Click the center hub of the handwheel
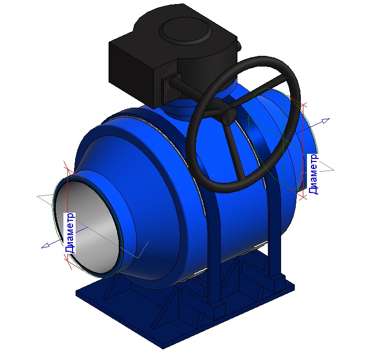pyautogui.click(x=229, y=116)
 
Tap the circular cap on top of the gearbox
pyautogui.click(x=185, y=30)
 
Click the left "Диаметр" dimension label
pyautogui.click(x=70, y=233)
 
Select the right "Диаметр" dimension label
pyautogui.click(x=313, y=174)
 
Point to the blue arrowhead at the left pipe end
pyautogui.click(x=45, y=246)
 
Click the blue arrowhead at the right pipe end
pyautogui.click(x=325, y=120)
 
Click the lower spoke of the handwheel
pyautogui.click(x=236, y=152)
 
